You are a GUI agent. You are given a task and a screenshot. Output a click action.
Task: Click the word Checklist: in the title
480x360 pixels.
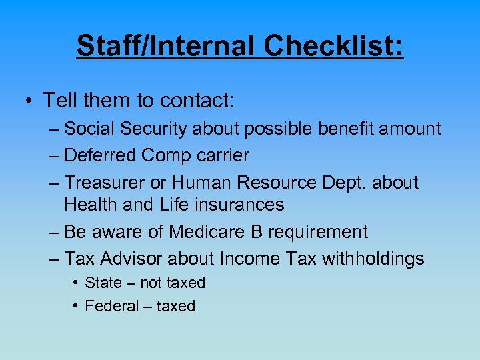click(333, 46)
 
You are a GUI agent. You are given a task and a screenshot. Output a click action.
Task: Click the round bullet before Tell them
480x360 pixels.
click(29, 101)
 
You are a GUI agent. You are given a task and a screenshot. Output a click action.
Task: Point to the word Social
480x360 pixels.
click(89, 129)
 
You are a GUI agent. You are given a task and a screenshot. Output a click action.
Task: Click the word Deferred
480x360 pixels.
click(101, 155)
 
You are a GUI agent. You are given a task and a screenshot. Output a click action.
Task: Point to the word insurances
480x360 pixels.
click(239, 205)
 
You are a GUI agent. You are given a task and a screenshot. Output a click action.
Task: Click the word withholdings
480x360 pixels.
click(373, 259)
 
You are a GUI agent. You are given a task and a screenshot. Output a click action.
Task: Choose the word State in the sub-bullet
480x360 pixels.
click(103, 283)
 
